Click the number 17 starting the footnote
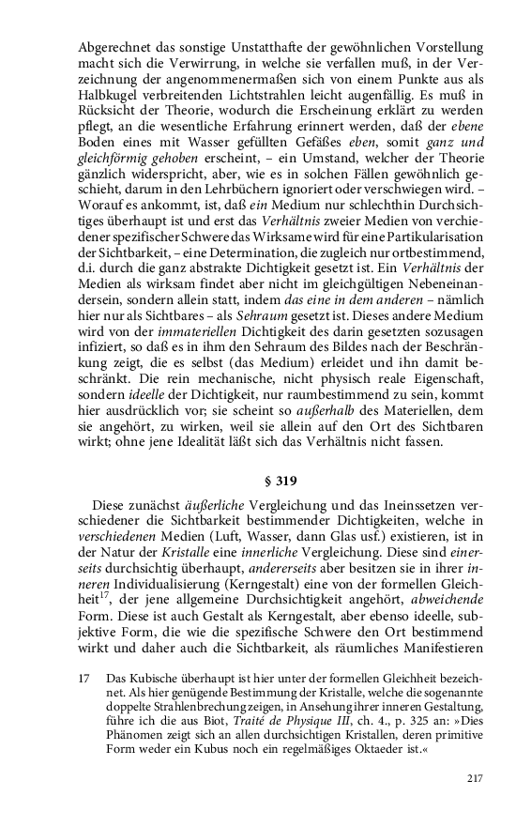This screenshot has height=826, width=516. (x=84, y=677)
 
